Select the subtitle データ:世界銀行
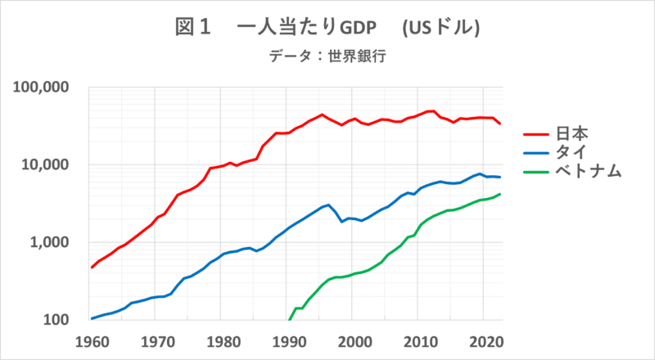327,57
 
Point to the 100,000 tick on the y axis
42,88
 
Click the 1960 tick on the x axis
90,340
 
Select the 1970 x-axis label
156,340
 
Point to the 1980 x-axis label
222,340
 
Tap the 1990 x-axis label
287,340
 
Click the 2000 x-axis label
353,340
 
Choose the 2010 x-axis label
418,340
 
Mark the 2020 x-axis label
484,340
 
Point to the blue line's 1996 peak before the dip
327,205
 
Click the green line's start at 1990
289,319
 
